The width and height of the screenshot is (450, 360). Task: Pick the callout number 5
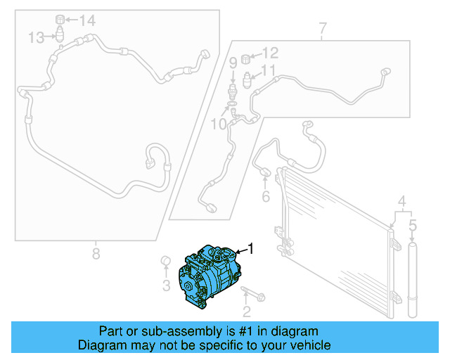tap(265, 197)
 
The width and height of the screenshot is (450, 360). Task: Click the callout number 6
tap(323, 29)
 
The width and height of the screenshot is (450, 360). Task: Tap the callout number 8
tap(233, 63)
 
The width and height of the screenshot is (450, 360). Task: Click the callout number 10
tap(269, 70)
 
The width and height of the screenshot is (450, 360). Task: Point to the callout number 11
tap(270, 52)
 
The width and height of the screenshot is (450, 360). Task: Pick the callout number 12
tap(37, 37)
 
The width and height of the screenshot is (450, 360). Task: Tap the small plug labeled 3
tap(167, 264)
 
